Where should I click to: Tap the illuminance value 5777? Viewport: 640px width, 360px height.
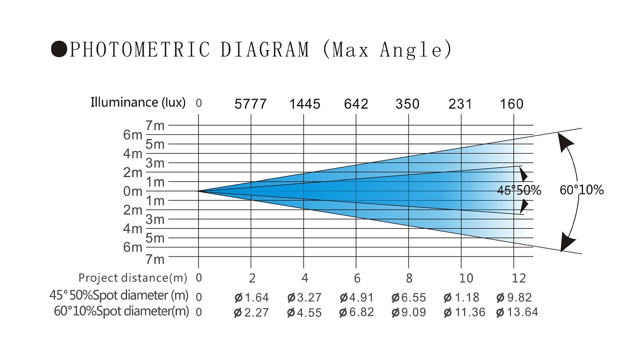[x=251, y=104]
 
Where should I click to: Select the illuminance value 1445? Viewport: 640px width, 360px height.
[x=305, y=104]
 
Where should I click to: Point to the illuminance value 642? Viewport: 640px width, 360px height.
[x=356, y=104]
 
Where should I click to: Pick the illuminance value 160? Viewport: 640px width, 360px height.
[x=512, y=104]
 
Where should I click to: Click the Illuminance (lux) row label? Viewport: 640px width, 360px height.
[x=138, y=102]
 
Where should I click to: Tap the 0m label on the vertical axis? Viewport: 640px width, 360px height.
[x=133, y=191]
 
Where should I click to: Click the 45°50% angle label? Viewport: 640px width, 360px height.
[x=519, y=190]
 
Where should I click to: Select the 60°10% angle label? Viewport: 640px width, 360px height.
[x=582, y=189]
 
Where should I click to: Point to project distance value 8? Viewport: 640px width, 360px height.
[x=409, y=278]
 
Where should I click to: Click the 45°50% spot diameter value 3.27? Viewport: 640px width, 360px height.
[x=309, y=298]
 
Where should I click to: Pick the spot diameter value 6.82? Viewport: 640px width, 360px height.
[x=361, y=313]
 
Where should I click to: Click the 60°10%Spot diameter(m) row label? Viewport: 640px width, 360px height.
[x=121, y=311]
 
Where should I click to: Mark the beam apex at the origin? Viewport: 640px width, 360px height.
[x=198, y=191]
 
